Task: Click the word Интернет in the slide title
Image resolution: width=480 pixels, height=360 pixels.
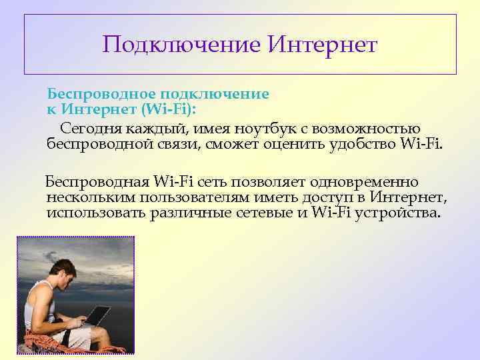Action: point(323,45)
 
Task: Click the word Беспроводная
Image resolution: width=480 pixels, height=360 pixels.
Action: point(97,182)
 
